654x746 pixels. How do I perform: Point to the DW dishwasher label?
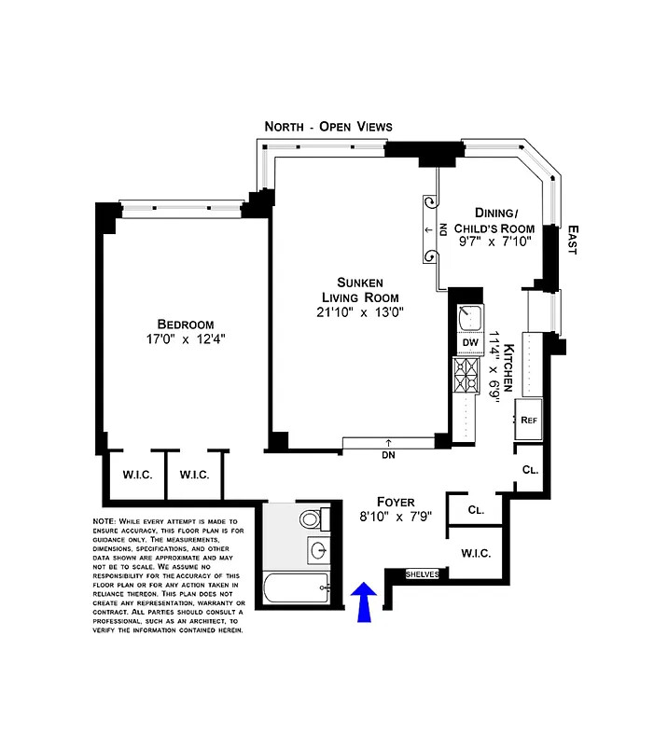[469, 342]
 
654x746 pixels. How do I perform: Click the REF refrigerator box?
[529, 420]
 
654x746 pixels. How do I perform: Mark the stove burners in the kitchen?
[465, 375]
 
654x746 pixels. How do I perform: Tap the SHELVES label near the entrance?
[422, 574]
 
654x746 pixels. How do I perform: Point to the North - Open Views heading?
[328, 126]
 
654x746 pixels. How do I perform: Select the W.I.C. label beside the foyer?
[476, 553]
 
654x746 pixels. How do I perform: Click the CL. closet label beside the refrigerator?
[529, 468]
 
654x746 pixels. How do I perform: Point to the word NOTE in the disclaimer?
[104, 521]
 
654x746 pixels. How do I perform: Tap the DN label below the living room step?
[389, 457]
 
